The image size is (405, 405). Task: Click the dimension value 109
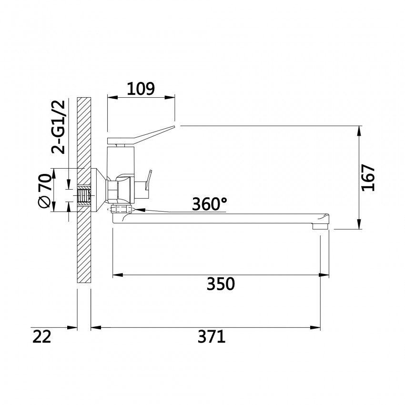coord(141,89)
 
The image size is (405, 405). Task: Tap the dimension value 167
coord(368,177)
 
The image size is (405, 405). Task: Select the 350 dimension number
coord(221,284)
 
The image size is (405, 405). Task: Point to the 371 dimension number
coord(212,337)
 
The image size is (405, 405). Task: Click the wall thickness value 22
coord(42,337)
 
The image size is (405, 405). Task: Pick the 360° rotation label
coord(210,204)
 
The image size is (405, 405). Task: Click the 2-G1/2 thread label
coord(58,127)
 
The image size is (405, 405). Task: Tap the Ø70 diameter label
coord(44,191)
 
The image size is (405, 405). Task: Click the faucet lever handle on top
coord(141,135)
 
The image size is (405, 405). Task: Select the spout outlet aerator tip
coord(320,226)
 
